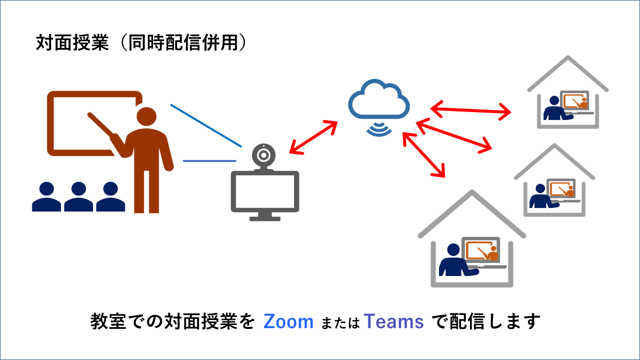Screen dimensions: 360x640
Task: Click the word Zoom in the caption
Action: click(288, 321)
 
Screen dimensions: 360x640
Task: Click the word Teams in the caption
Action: click(394, 321)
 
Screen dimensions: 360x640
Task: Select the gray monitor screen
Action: click(264, 191)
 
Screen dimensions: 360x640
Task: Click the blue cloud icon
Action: click(378, 100)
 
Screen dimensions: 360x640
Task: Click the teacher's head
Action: click(146, 116)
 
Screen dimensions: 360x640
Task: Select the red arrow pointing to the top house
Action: click(470, 109)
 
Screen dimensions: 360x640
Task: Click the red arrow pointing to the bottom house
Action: click(423, 154)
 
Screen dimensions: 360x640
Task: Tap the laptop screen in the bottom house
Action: click(482, 249)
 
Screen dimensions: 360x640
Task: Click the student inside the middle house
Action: click(539, 197)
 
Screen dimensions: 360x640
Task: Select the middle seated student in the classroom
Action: click(78, 197)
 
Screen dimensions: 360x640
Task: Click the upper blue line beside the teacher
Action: click(205, 125)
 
